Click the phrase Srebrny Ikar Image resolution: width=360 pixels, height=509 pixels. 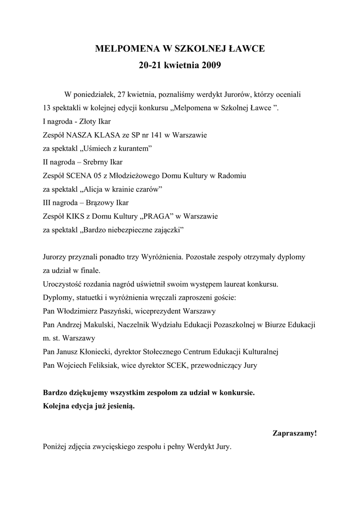tap(100, 162)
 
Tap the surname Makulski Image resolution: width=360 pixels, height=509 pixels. tap(99, 325)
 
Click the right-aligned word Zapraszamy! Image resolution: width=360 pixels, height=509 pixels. tap(294, 433)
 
